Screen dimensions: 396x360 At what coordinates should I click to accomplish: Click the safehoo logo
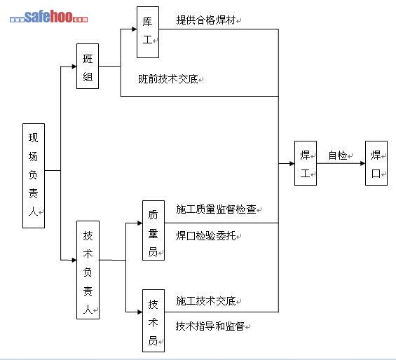pyautogui.click(x=49, y=17)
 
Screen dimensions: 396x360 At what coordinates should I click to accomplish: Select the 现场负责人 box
pyautogui.click(x=34, y=176)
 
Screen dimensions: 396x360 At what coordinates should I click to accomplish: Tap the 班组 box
pyautogui.click(x=88, y=66)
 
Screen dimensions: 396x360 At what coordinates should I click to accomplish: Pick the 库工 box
pyautogui.click(x=148, y=32)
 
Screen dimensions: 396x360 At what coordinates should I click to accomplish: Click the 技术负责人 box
pyautogui.click(x=88, y=270)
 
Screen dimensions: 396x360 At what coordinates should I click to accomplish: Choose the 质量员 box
pyautogui.click(x=153, y=230)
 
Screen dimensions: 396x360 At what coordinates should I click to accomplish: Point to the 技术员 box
pyautogui.click(x=153, y=321)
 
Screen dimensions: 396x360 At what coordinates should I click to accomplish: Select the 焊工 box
pyautogui.click(x=306, y=163)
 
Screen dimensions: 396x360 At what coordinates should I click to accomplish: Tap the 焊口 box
pyautogui.click(x=376, y=163)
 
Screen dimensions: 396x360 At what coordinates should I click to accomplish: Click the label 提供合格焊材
pyautogui.click(x=206, y=20)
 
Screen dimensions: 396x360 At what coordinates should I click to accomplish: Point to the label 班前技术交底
pyautogui.click(x=168, y=79)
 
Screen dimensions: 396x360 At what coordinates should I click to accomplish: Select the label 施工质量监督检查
pyautogui.click(x=216, y=209)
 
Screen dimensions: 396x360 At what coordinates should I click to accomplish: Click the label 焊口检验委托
pyautogui.click(x=206, y=235)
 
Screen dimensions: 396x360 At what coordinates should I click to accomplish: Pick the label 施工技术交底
pyautogui.click(x=206, y=300)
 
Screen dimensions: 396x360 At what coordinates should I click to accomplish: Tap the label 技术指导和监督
pyautogui.click(x=210, y=326)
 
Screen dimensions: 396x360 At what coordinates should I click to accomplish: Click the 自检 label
pyautogui.click(x=338, y=155)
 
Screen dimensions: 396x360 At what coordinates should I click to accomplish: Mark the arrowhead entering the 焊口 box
pyautogui.click(x=362, y=163)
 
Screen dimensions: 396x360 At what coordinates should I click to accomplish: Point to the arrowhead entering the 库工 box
pyautogui.click(x=134, y=29)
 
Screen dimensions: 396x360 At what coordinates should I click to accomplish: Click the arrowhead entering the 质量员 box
pyautogui.click(x=140, y=223)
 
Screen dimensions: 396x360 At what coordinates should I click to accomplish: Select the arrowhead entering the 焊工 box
pyautogui.click(x=292, y=164)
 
